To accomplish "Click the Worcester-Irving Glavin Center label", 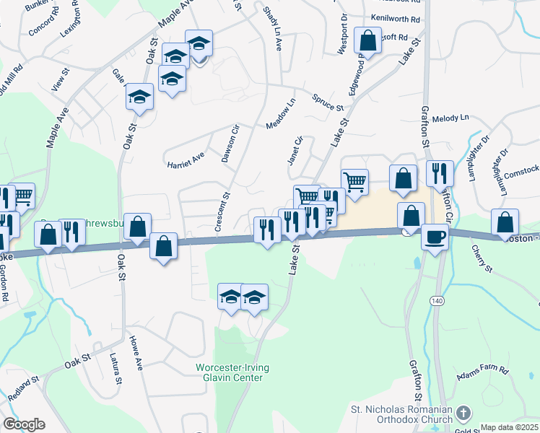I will tap(232, 373).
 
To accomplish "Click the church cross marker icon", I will tap(463, 414).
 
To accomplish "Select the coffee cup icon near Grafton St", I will tap(435, 237).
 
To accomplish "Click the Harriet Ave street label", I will tap(186, 159).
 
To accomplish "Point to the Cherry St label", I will tap(480, 259).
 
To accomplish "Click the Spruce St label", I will tap(327, 102).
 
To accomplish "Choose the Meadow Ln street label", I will tap(282, 114).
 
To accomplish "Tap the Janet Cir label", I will tap(295, 150).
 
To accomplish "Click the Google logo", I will tap(24, 424).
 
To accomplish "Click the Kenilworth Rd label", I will tap(395, 18).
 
